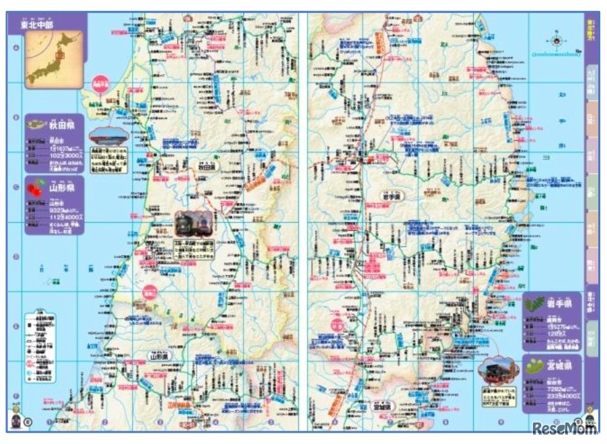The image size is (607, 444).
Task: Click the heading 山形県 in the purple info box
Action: point(65,188)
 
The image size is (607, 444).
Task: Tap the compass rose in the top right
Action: point(557,40)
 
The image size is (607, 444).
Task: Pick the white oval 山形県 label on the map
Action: point(162,355)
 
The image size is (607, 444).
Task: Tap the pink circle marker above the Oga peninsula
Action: point(101,81)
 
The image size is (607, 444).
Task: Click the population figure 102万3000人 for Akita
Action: point(68,156)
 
